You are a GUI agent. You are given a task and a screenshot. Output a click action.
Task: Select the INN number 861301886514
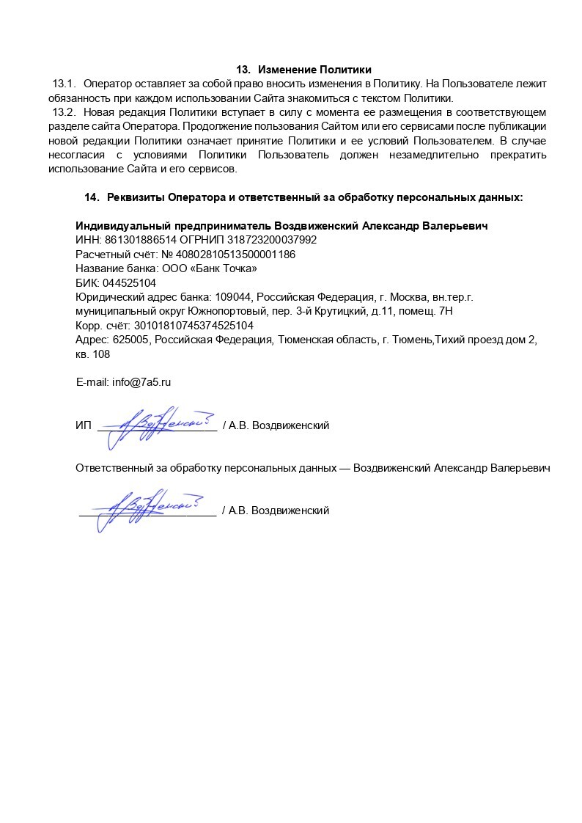(136, 240)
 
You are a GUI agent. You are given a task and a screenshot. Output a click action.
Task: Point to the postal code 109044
(232, 297)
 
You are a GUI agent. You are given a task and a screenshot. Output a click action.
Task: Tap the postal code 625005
(130, 340)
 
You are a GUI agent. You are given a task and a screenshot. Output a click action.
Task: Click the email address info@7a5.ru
(141, 382)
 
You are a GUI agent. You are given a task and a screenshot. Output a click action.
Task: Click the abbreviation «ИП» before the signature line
(83, 425)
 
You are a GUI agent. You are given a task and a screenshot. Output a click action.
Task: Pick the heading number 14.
(92, 197)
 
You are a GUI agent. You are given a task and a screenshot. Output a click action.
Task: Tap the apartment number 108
(100, 354)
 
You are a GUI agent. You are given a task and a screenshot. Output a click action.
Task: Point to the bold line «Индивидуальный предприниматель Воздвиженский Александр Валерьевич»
(281, 226)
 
